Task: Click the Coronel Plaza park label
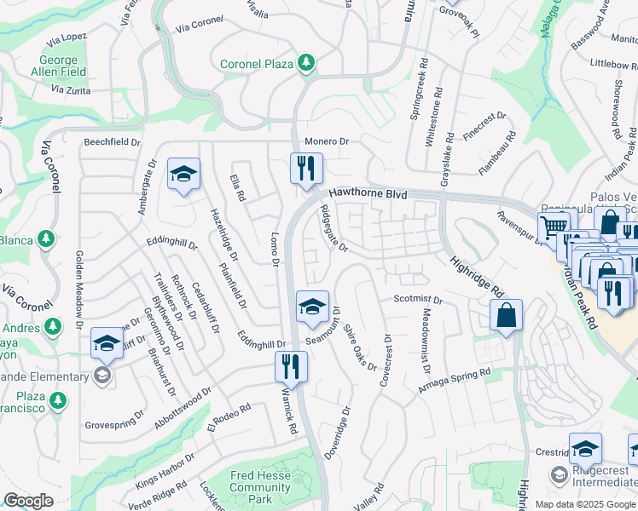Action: click(x=256, y=64)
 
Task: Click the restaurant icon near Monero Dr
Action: click(x=306, y=168)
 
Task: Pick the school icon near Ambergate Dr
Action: click(x=183, y=175)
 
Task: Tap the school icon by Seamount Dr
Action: click(x=312, y=307)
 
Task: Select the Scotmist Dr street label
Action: click(x=418, y=300)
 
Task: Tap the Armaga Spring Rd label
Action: click(x=455, y=381)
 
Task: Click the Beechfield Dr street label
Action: click(x=111, y=142)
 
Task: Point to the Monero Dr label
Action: click(x=328, y=141)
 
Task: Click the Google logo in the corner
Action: click(x=28, y=501)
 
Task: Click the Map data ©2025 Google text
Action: click(x=585, y=504)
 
